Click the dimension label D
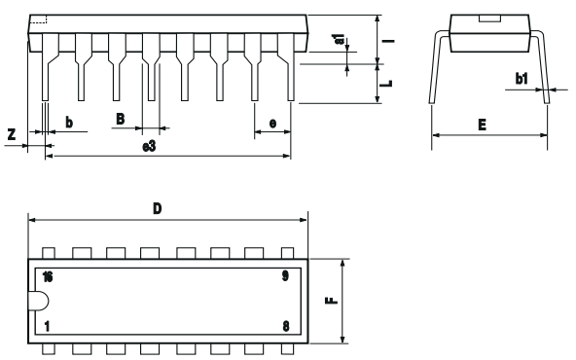[x=157, y=207]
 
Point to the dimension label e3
[x=149, y=146]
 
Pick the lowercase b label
[x=68, y=122]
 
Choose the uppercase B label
[x=120, y=119]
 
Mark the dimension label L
[x=386, y=84]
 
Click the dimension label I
[x=386, y=41]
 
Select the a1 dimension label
[x=339, y=41]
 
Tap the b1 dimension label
[x=522, y=79]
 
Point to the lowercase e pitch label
[x=272, y=122]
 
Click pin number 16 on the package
[x=48, y=277]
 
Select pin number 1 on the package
[x=46, y=326]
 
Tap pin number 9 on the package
[x=285, y=277]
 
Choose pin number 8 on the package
[x=285, y=326]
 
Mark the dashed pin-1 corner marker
[x=39, y=20]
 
